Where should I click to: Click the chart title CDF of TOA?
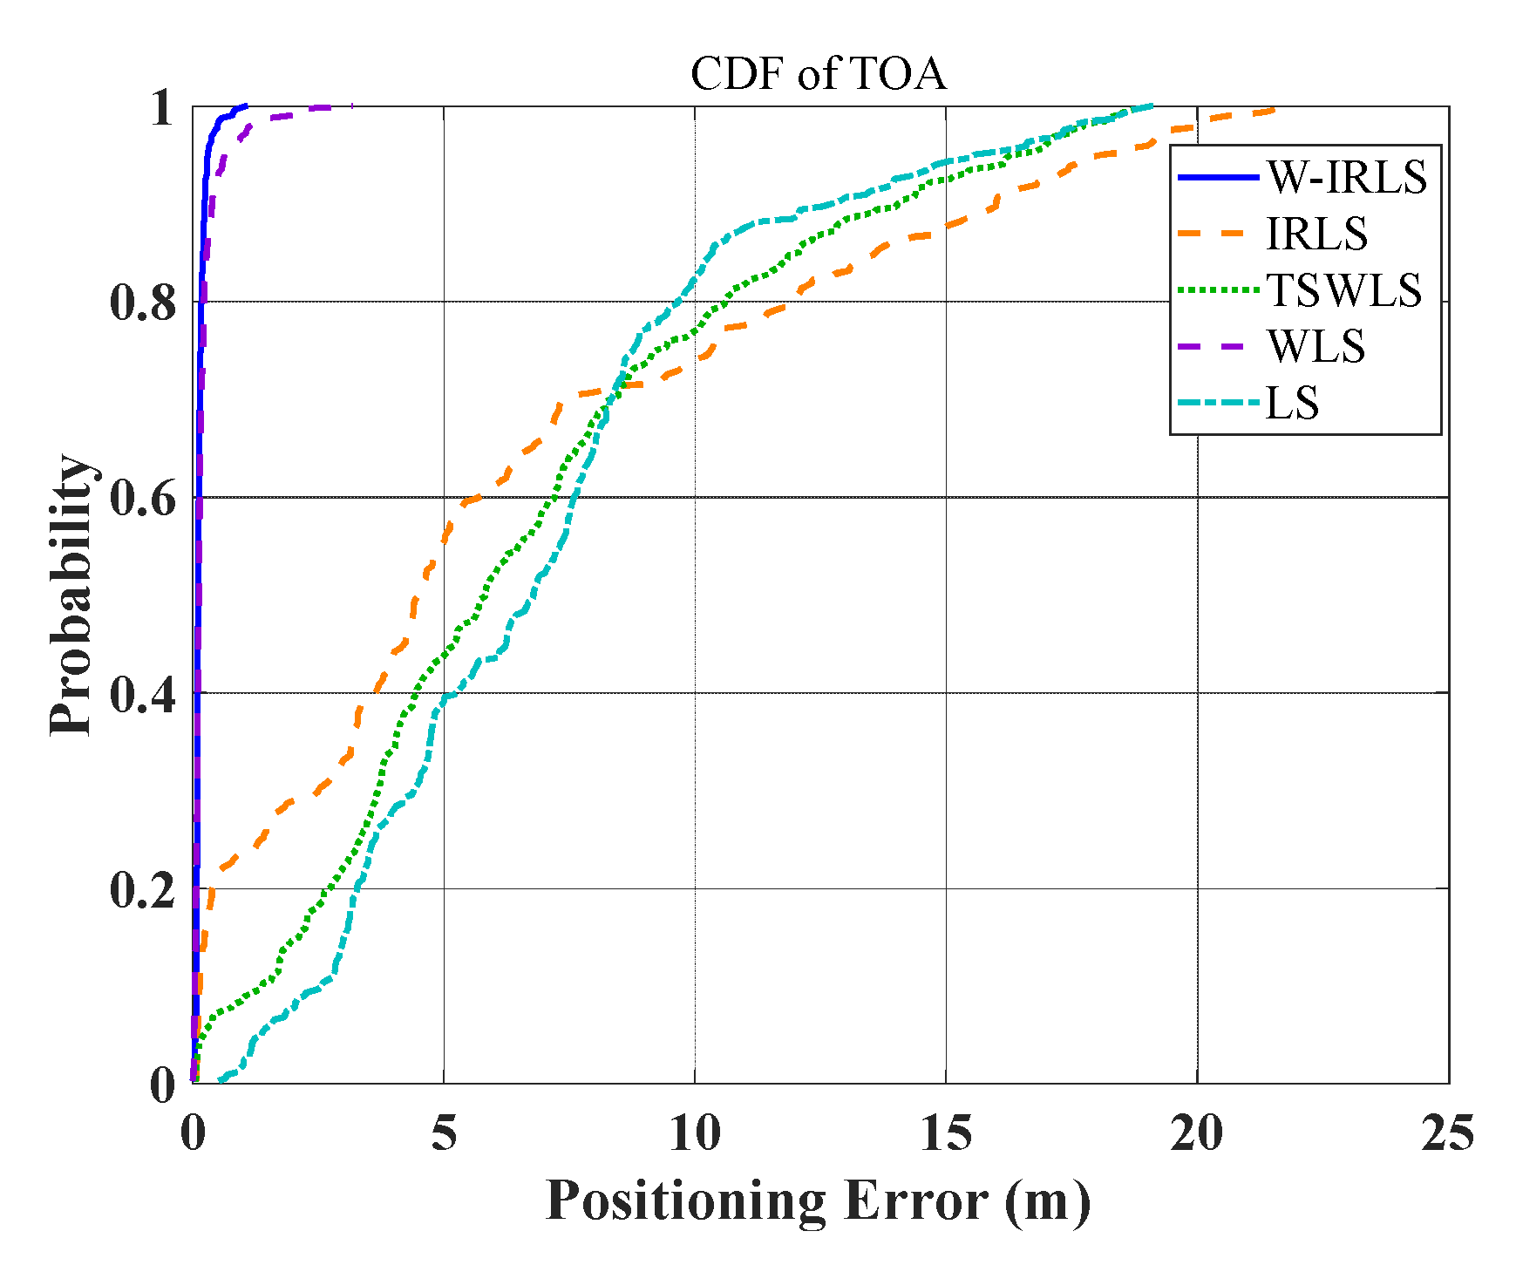point(817,74)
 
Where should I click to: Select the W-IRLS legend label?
point(1347,178)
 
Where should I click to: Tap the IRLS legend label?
point(1316,234)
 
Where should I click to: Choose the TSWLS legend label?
point(1343,290)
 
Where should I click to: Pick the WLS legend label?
point(1315,347)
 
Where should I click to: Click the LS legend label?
point(1292,404)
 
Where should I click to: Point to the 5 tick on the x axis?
point(444,1133)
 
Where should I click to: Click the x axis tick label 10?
point(695,1133)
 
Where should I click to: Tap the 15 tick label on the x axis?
point(946,1133)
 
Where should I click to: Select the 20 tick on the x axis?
point(1197,1133)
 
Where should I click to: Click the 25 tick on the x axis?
point(1448,1133)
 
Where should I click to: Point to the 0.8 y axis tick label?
point(143,303)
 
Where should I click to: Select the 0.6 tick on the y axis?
point(143,498)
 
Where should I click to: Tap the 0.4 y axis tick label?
point(143,694)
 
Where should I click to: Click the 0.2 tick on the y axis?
point(143,889)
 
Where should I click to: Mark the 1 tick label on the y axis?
point(160,108)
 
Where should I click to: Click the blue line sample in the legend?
point(1218,178)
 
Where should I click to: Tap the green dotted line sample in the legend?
point(1218,290)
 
